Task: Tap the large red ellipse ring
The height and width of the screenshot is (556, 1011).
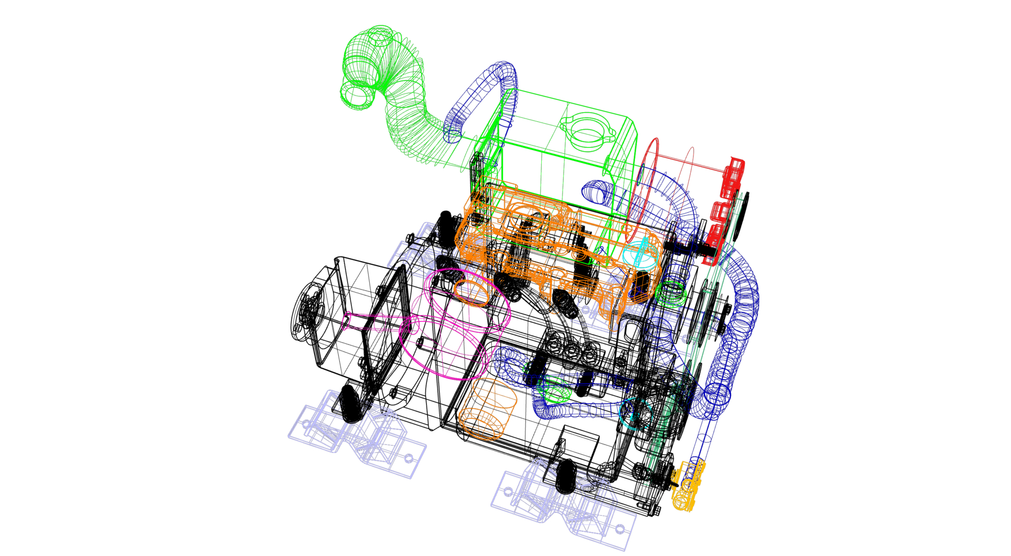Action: [642, 190]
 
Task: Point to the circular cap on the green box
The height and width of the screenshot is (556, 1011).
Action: [587, 132]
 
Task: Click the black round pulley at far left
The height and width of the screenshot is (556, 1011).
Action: [305, 313]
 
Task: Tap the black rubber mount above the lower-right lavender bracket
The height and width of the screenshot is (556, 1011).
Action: [565, 476]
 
